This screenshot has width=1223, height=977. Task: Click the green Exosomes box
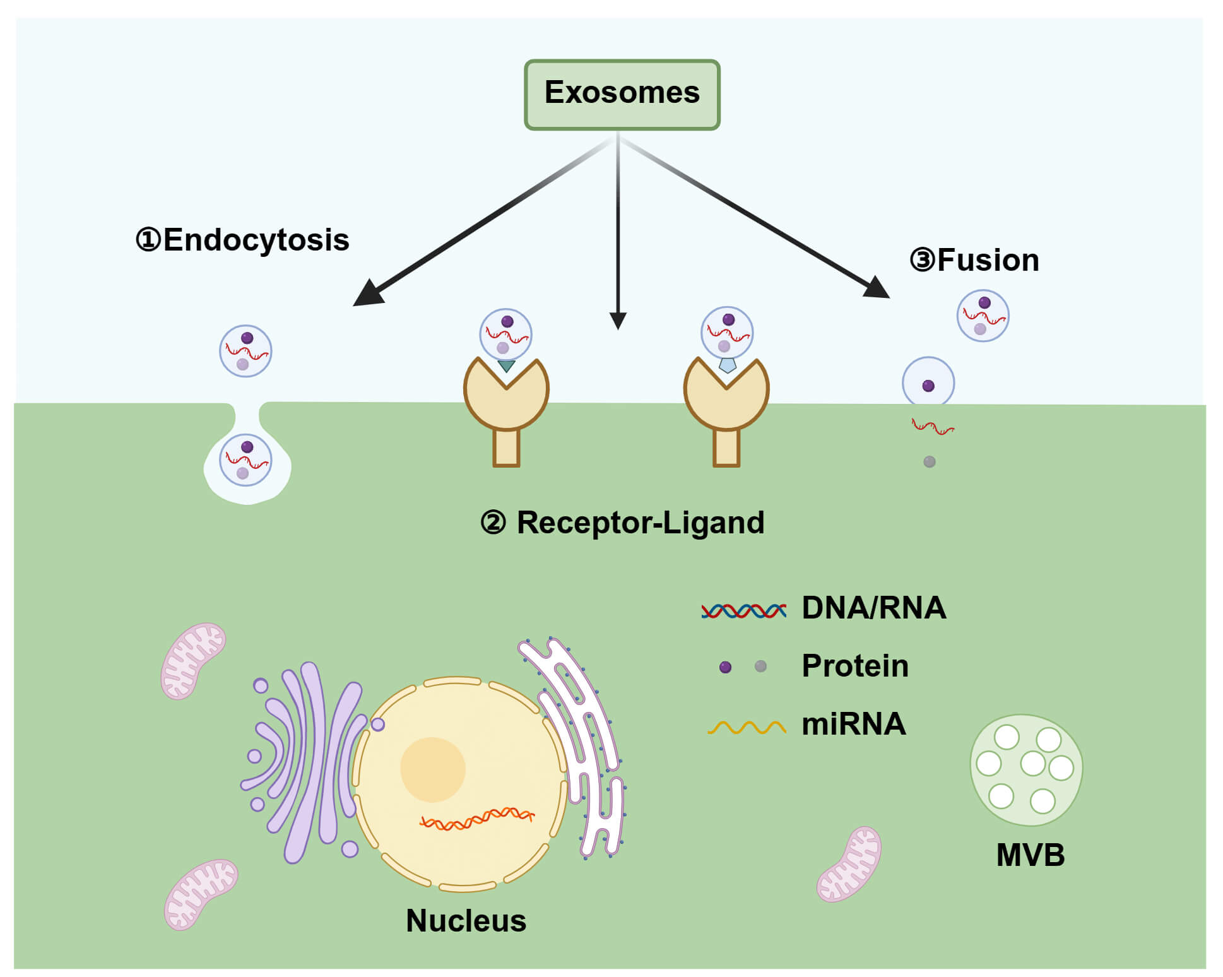click(622, 95)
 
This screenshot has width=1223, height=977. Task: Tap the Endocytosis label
click(243, 240)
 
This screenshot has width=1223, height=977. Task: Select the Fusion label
click(975, 260)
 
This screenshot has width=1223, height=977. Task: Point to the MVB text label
click(1030, 855)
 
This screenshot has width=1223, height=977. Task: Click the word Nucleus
click(466, 920)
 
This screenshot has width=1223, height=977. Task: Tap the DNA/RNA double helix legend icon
click(743, 610)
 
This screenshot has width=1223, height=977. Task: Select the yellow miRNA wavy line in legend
click(747, 728)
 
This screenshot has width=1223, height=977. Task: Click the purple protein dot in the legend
click(725, 667)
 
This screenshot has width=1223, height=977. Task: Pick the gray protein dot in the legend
click(760, 666)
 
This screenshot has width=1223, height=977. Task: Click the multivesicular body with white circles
click(1025, 770)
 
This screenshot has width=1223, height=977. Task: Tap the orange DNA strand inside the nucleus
click(476, 819)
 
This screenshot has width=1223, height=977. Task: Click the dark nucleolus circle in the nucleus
click(432, 769)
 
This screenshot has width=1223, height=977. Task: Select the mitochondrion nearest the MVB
click(849, 864)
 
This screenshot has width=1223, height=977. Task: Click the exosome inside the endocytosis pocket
click(245, 460)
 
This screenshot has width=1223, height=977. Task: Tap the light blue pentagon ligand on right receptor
click(728, 365)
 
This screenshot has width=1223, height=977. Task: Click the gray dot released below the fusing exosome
click(929, 462)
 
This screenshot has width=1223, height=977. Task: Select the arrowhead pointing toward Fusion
click(878, 288)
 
